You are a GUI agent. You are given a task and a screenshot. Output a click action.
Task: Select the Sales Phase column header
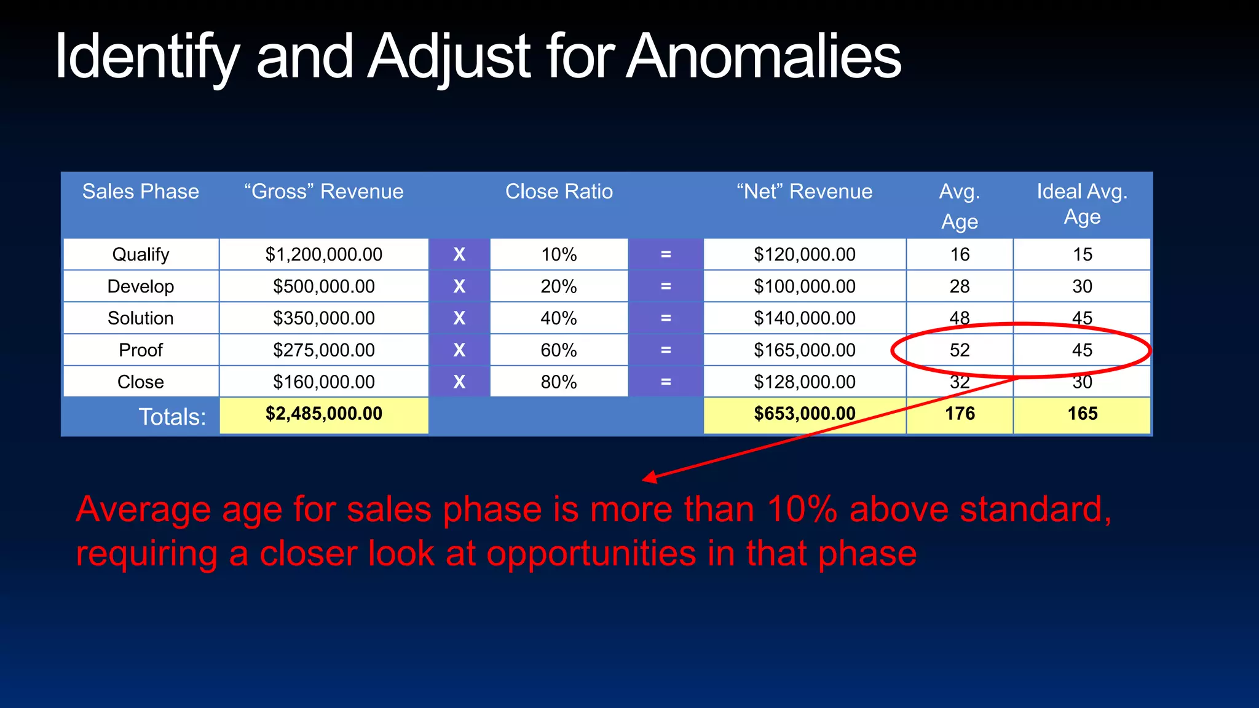[140, 192]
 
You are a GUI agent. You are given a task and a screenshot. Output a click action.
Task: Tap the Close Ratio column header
[559, 192]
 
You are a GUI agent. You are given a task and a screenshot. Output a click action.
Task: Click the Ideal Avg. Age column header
[1082, 204]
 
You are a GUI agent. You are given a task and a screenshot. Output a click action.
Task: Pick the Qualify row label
[140, 254]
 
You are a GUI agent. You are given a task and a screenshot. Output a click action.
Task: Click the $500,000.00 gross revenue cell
[324, 286]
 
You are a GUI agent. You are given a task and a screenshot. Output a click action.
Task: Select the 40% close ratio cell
[559, 318]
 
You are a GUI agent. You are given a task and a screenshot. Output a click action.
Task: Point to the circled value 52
[959, 350]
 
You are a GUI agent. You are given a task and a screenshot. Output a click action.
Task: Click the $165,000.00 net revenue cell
[804, 350]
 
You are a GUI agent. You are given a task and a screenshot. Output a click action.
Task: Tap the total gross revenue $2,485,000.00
[324, 414]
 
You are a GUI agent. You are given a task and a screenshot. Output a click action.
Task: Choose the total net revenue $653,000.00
[804, 414]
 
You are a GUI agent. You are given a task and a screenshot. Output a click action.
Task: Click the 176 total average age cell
[960, 414]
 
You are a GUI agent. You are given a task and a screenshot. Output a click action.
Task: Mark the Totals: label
[172, 417]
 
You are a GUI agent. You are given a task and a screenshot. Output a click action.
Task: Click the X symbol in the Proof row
[459, 350]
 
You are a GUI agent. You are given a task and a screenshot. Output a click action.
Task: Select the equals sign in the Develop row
[666, 286]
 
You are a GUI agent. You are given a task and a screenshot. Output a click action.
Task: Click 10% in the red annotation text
[802, 510]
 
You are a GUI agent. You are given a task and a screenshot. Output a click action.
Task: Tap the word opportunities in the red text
[591, 554]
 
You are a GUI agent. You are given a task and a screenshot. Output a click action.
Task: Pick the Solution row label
[140, 318]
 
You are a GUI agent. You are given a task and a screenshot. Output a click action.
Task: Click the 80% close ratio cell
[559, 382]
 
